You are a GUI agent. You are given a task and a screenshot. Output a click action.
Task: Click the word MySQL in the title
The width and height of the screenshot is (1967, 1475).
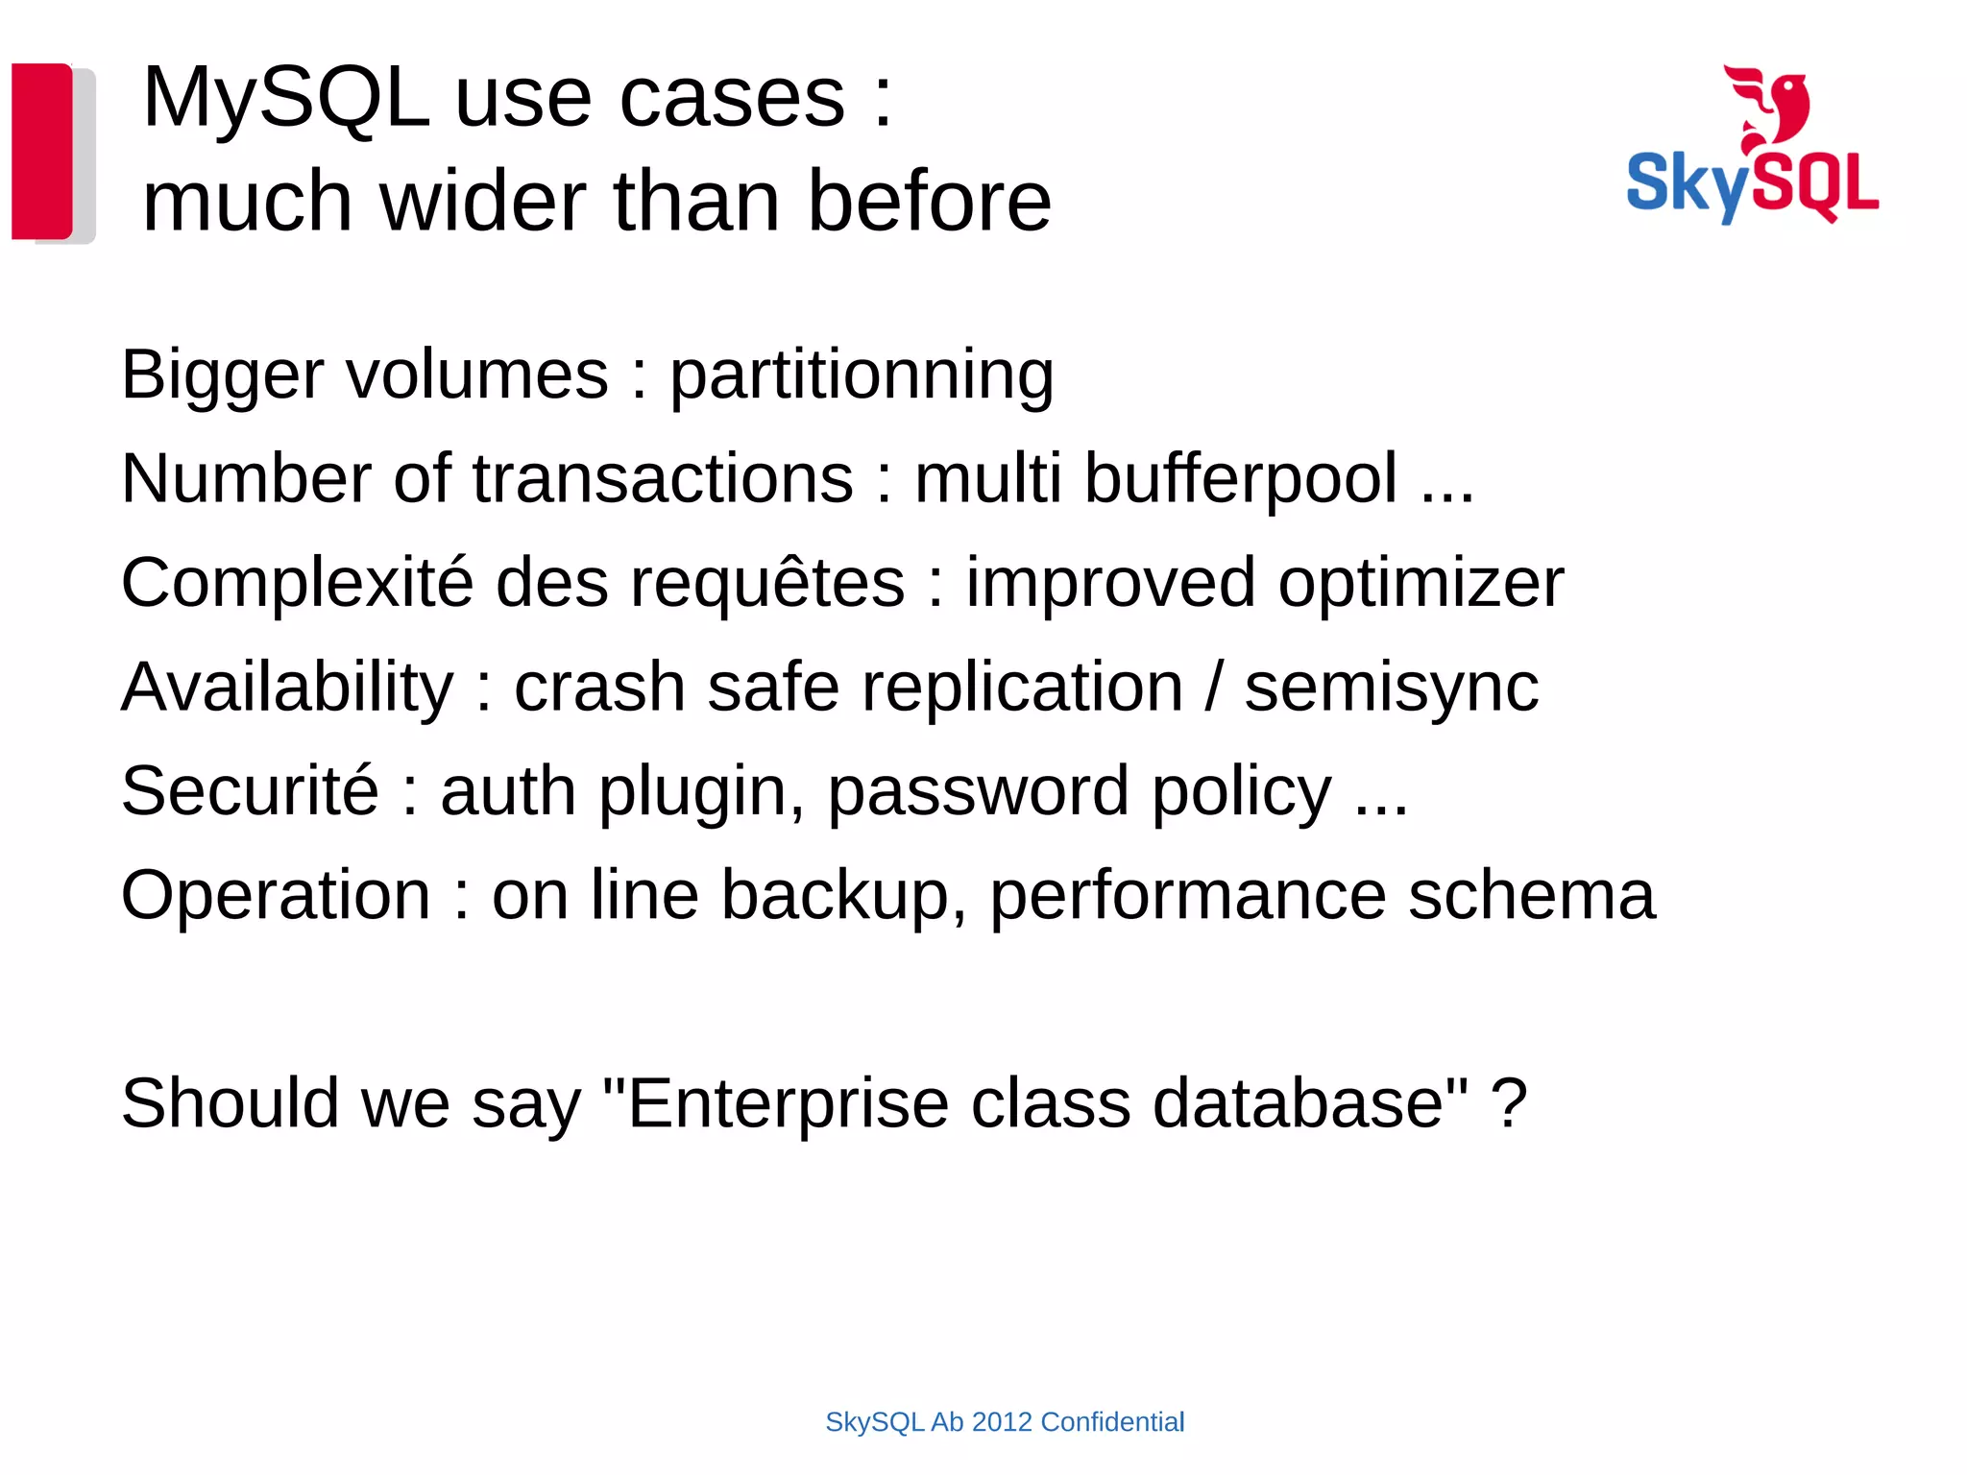click(x=285, y=98)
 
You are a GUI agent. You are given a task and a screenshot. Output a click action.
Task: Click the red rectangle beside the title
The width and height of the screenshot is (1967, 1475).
click(x=41, y=151)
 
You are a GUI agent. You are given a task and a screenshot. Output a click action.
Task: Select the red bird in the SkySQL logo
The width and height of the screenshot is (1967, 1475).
click(x=1770, y=106)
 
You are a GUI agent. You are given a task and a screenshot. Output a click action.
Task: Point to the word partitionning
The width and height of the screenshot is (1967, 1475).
click(x=862, y=375)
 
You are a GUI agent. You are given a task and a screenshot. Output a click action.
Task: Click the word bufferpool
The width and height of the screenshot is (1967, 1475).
click(x=1240, y=479)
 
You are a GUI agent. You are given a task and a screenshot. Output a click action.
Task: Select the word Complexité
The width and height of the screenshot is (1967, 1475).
click(x=297, y=583)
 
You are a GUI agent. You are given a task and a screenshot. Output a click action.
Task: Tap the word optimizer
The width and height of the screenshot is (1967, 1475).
click(x=1421, y=583)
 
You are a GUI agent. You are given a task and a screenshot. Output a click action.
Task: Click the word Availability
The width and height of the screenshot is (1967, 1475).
click(x=287, y=688)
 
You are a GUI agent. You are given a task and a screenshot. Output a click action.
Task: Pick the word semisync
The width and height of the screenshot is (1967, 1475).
click(x=1392, y=688)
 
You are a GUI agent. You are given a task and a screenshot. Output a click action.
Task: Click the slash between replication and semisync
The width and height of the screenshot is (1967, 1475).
click(x=1214, y=688)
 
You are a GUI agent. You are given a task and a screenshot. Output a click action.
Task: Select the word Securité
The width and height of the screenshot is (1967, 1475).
click(x=250, y=791)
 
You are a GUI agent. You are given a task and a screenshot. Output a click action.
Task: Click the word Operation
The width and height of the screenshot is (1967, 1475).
click(x=276, y=895)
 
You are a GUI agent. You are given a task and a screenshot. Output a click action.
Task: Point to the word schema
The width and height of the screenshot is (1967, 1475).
click(x=1531, y=895)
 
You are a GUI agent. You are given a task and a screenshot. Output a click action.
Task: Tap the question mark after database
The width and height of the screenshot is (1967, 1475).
click(x=1509, y=1103)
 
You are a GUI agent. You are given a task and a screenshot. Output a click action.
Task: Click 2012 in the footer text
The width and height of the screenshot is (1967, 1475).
click(x=1002, y=1422)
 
